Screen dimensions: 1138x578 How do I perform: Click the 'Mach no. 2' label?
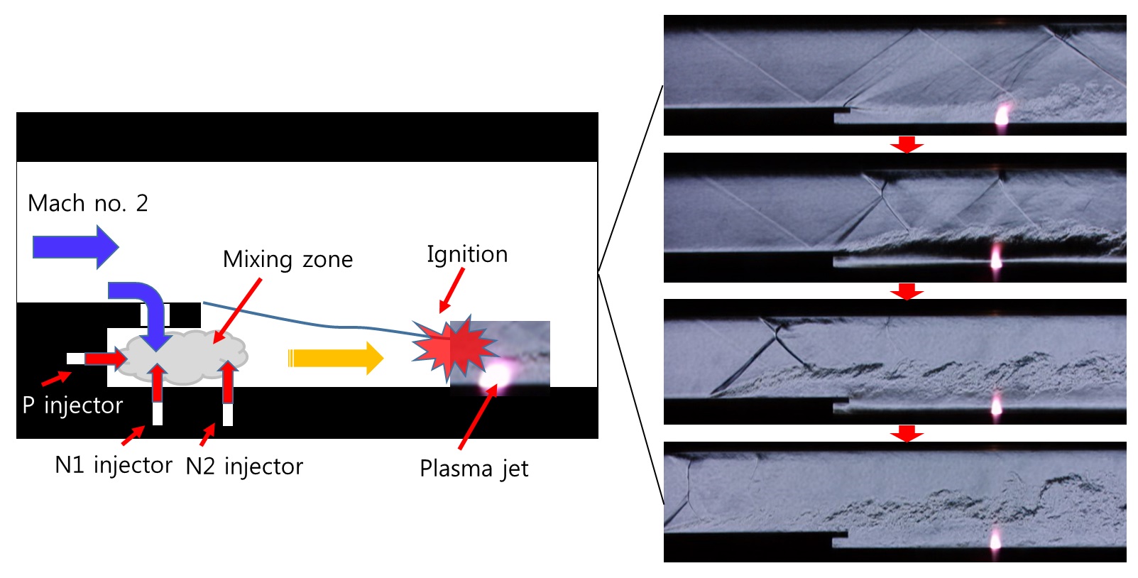87,204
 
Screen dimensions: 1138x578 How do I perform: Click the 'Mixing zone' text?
288,260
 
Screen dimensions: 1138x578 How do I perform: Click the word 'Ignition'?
467,254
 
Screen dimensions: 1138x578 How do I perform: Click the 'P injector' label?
72,405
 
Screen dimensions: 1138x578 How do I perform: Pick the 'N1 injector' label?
114,465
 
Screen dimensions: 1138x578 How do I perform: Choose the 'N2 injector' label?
244,467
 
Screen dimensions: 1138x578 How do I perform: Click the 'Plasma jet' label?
474,469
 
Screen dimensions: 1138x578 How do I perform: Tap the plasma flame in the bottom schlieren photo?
995,540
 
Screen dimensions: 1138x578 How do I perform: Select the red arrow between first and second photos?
907,144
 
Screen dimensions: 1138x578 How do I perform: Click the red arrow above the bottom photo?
907,433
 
